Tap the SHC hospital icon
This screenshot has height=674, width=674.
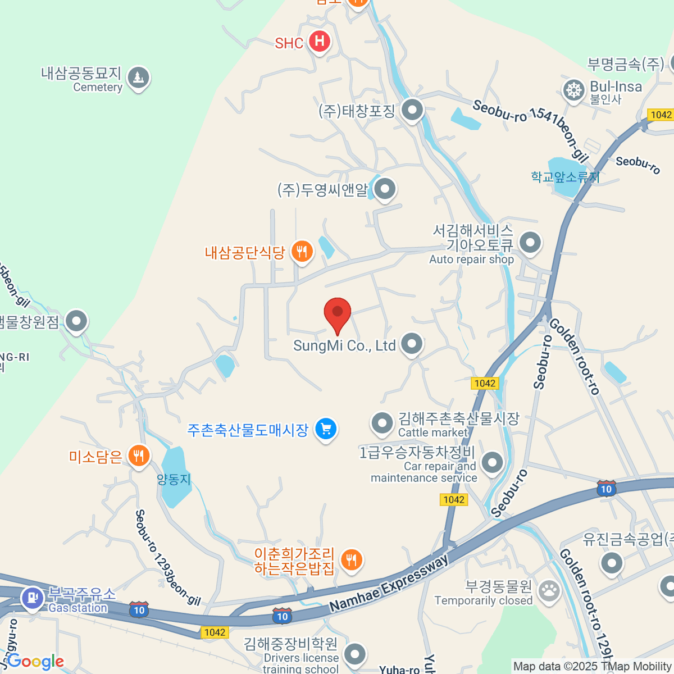319,42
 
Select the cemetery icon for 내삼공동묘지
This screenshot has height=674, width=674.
138,78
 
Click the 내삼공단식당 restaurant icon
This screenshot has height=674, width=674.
302,252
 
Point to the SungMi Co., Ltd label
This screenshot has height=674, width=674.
344,345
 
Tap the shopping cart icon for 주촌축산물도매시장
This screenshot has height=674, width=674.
326,430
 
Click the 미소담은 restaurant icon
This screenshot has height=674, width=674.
139,456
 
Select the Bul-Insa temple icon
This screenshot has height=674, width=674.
574,90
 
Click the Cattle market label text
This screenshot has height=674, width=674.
432,432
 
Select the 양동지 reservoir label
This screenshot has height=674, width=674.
174,479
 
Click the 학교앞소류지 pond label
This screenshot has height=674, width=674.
565,177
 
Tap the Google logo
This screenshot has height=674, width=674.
35,662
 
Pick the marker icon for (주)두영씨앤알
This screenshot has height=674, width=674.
385,189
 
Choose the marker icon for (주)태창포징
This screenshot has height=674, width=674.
413,110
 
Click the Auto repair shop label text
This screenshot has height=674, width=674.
471,259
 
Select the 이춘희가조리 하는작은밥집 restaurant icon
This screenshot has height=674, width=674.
351,560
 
